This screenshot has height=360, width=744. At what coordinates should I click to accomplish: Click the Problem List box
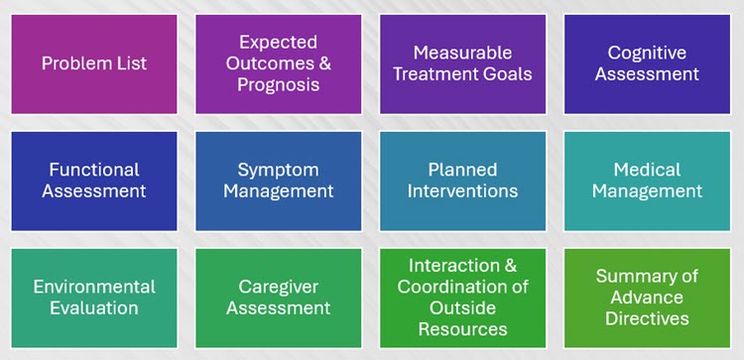tap(94, 64)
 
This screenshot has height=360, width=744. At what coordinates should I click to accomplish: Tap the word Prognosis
tap(278, 85)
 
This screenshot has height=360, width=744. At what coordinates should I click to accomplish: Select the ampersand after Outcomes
tap(324, 63)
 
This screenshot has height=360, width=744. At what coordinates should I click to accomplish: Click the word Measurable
tap(462, 53)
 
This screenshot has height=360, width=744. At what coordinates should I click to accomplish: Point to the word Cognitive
tap(647, 53)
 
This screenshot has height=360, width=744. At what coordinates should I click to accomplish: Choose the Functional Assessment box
tap(94, 180)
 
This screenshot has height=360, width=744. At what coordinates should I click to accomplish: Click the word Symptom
tap(278, 170)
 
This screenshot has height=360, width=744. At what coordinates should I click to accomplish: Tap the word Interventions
tap(462, 191)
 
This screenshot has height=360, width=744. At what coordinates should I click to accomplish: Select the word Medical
tap(647, 170)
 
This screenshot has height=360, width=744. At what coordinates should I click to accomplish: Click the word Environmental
tap(94, 287)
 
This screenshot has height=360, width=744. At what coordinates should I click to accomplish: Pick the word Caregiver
tap(278, 287)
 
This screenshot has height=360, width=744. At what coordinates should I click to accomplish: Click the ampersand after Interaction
tap(510, 265)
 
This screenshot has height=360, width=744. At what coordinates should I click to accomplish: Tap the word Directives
tap(647, 318)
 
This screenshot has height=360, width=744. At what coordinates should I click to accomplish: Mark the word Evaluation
tap(94, 307)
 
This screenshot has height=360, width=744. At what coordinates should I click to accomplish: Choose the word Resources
tap(462, 329)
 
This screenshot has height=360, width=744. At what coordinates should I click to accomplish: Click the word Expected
tap(278, 43)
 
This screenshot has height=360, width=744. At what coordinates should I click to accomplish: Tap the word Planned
tap(462, 170)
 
